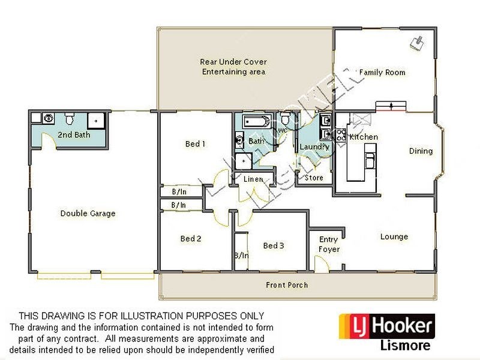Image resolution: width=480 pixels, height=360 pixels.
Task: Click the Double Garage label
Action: click(x=88, y=213)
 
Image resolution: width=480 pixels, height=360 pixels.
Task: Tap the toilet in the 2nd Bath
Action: click(x=70, y=117)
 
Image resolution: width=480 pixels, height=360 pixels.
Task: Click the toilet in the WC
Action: click(x=284, y=119)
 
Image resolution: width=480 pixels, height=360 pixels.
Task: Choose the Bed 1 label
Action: click(x=195, y=144)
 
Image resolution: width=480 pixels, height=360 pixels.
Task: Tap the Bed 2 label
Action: click(x=191, y=239)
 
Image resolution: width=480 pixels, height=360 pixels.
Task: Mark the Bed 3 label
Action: click(x=273, y=245)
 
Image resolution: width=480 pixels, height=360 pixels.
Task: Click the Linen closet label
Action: click(x=253, y=179)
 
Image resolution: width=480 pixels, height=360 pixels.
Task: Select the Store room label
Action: click(x=314, y=178)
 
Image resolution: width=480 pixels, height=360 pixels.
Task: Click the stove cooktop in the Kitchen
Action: click(x=341, y=136)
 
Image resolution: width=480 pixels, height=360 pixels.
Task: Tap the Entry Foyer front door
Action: click(x=321, y=265)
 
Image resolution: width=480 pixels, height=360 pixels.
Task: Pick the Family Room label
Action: click(x=382, y=73)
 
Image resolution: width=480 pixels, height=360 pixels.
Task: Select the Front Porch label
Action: click(x=287, y=285)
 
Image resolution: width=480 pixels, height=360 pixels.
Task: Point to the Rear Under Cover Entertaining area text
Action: click(x=233, y=67)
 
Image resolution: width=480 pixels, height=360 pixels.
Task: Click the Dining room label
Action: click(x=421, y=151)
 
